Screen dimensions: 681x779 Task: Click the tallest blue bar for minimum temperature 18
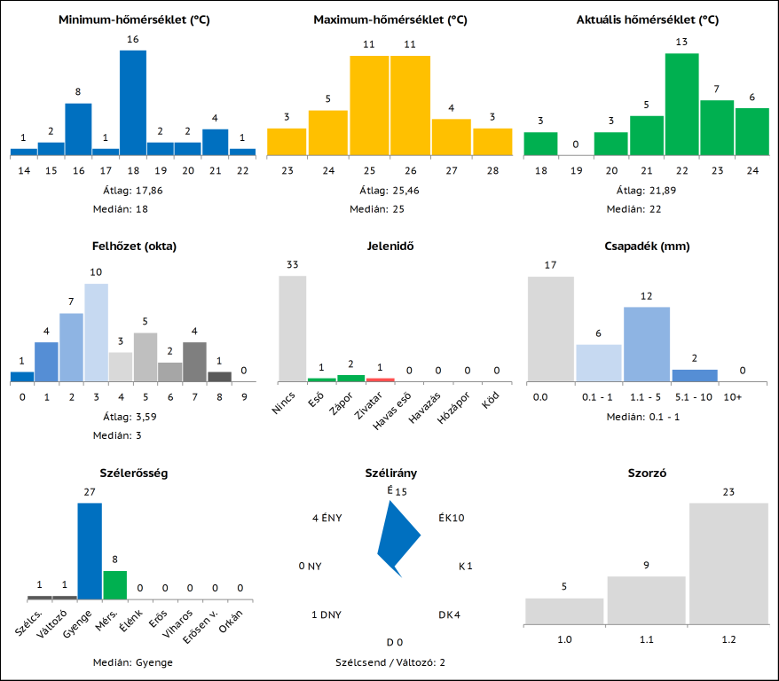[133, 103]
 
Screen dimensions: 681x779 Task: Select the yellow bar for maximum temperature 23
[287, 142]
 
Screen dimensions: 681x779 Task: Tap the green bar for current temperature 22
[681, 105]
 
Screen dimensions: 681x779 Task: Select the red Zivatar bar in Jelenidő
[380, 380]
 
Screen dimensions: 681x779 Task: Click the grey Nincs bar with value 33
[293, 328]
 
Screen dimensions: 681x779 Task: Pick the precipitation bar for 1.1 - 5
[647, 344]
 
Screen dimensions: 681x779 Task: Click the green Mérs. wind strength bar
[115, 585]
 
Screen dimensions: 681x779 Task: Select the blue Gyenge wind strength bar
[90, 552]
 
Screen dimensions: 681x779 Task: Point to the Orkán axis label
[232, 624]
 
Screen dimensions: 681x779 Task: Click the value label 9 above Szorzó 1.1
[647, 565]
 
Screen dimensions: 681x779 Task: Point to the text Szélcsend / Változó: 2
[390, 662]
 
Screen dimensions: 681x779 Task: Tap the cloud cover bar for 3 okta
[96, 333]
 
